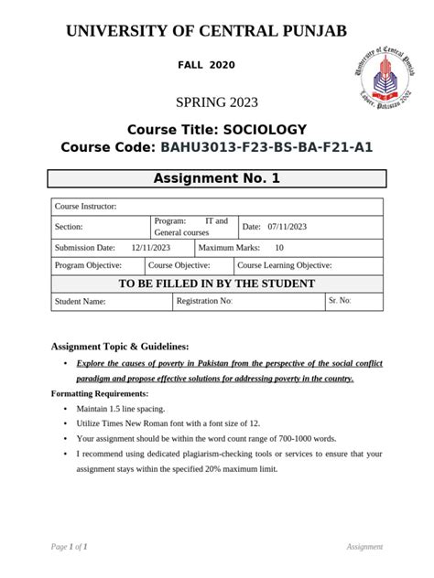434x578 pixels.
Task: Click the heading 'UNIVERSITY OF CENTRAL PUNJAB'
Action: (x=207, y=32)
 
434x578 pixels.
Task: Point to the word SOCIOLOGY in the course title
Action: (x=263, y=129)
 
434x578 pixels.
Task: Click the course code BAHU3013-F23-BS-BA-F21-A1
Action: (x=266, y=147)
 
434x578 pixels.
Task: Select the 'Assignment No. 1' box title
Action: (x=216, y=178)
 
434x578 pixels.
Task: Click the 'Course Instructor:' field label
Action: (x=85, y=208)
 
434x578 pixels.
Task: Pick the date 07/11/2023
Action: (x=288, y=228)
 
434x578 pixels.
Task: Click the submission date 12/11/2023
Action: (x=150, y=248)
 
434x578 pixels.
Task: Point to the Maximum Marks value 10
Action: (x=278, y=248)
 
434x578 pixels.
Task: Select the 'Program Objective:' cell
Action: (x=89, y=265)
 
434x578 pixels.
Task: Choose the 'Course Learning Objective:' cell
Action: (x=285, y=265)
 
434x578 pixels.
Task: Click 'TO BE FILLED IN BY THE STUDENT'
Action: (x=216, y=284)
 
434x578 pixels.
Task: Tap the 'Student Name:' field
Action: (x=81, y=301)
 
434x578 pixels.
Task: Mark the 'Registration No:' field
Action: (x=204, y=301)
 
